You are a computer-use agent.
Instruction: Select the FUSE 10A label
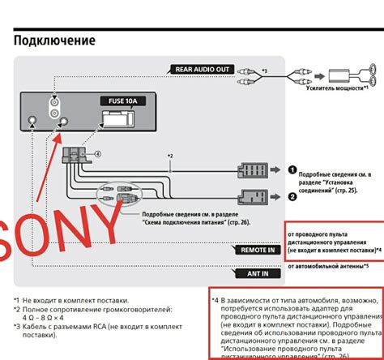tap(118, 101)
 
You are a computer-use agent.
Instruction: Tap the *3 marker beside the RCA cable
tap(264, 72)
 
